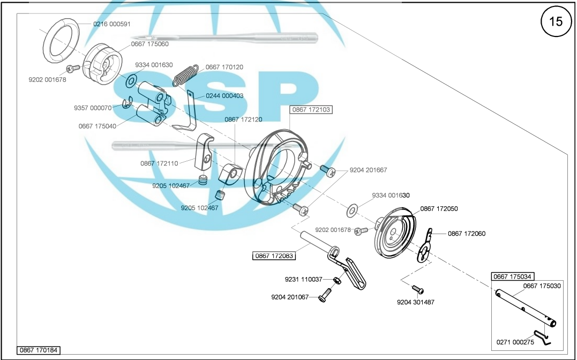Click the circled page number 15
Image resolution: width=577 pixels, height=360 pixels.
pyautogui.click(x=556, y=21)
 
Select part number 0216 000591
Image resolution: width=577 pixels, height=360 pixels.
pyautogui.click(x=112, y=24)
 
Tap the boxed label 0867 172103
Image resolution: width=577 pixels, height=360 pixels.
pyautogui.click(x=311, y=110)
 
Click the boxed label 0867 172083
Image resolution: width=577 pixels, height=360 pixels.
pyautogui.click(x=274, y=256)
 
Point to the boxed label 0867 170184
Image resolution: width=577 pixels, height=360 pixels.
pyautogui.click(x=39, y=350)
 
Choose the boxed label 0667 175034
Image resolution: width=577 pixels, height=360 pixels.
pyautogui.click(x=513, y=276)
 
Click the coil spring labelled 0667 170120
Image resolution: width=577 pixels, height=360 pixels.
pyautogui.click(x=186, y=75)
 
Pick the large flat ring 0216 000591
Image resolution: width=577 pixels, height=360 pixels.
pyautogui.click(x=61, y=40)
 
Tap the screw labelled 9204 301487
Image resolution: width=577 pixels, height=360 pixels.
pyautogui.click(x=418, y=290)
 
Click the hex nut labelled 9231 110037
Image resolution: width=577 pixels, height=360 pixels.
pyautogui.click(x=336, y=281)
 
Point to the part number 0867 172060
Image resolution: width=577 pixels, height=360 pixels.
pyautogui.click(x=467, y=234)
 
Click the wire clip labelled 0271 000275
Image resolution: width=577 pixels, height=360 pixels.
pyautogui.click(x=543, y=337)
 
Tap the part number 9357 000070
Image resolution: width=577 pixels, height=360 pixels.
pyautogui.click(x=93, y=108)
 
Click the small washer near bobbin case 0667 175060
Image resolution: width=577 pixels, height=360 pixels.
pyautogui.click(x=131, y=81)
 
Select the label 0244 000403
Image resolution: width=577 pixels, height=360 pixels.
pyautogui.click(x=224, y=96)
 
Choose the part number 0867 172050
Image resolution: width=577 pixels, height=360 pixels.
pyautogui.click(x=439, y=209)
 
